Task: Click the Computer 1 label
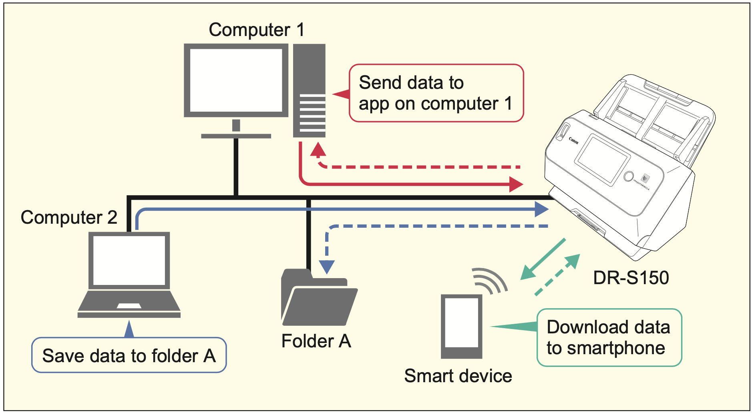tap(256, 30)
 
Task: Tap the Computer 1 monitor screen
tap(236, 80)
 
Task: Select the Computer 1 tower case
tap(309, 90)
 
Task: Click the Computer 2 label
tap(69, 218)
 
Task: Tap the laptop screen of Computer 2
tap(129, 260)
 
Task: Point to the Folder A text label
tap(316, 341)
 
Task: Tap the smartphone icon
tap(461, 326)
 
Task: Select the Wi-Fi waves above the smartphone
tap(489, 280)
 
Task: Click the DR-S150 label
tap(631, 278)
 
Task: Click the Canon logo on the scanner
tap(573, 141)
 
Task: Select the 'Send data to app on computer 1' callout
tap(436, 93)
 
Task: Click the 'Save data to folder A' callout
tap(129, 355)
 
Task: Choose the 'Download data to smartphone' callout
tap(609, 337)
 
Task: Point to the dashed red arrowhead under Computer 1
tap(318, 150)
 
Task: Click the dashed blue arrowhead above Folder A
tap(327, 267)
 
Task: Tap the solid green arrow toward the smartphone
tap(543, 259)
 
